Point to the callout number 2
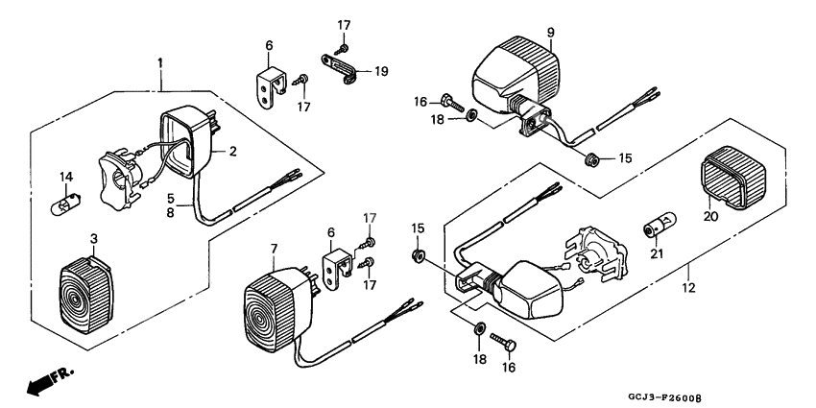pos(231,152)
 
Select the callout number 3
pos(93,238)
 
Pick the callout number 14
pos(66,176)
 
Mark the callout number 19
pos(381,71)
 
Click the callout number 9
pos(550,33)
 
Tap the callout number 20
pos(709,217)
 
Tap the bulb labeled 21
pos(657,229)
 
